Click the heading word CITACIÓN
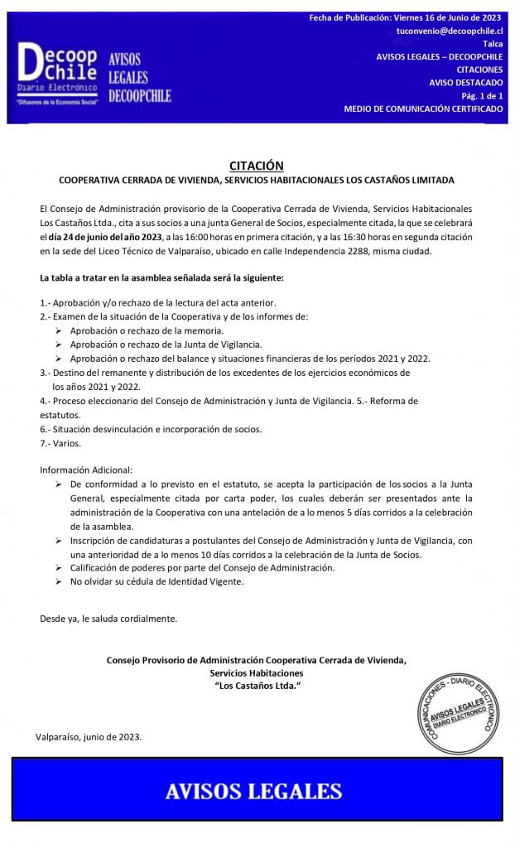(256, 166)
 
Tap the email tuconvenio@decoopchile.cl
(450, 30)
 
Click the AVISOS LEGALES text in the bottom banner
(253, 792)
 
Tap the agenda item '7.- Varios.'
(60, 443)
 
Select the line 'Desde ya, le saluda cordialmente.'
(108, 618)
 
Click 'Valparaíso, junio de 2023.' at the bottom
(89, 736)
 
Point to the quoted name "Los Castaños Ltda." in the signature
(257, 687)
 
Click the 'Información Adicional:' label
(86, 470)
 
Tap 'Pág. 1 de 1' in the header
(481, 96)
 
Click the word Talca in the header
(492, 43)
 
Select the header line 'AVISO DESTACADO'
(465, 83)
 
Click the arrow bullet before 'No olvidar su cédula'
(59, 581)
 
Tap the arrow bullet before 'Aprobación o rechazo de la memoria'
(59, 330)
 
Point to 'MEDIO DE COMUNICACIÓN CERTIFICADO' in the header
(423, 109)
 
